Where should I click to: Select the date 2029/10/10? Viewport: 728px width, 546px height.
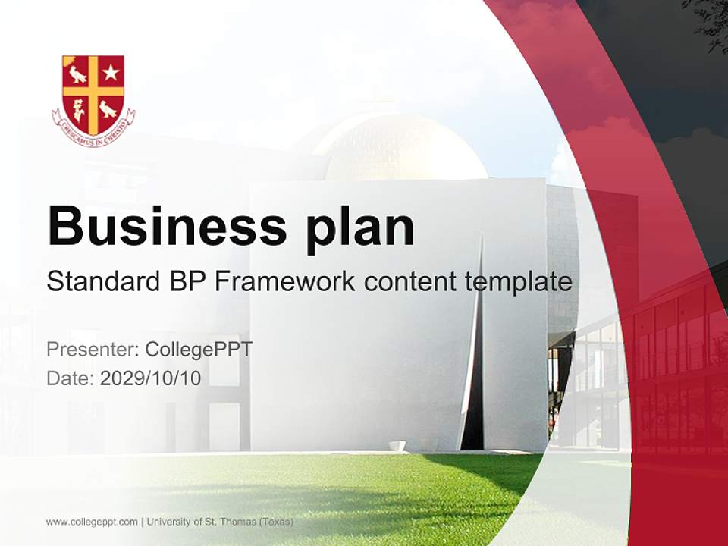(x=150, y=378)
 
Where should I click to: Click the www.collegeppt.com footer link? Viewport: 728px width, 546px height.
(x=92, y=522)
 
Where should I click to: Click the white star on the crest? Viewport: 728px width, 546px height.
(x=111, y=73)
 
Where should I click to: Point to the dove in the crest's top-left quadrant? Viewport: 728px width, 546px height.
(x=77, y=74)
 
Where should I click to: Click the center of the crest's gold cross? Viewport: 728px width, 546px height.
(x=93, y=90)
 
